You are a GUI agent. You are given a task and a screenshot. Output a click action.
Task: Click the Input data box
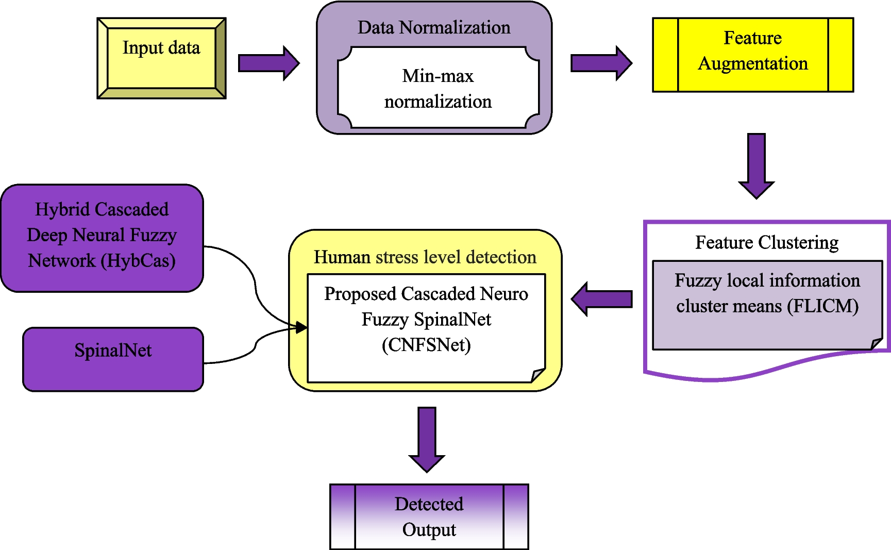161,58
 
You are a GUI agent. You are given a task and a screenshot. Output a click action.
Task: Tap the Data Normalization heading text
434,28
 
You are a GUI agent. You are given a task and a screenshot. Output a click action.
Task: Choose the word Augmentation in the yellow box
753,64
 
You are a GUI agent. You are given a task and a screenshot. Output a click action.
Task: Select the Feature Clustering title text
766,242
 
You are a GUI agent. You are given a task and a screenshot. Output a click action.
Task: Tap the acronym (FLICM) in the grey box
822,306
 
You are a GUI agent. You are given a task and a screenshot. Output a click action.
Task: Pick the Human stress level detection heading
425,257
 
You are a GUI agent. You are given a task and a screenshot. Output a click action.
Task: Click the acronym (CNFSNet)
426,345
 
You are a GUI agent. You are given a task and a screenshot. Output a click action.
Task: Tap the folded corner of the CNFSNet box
539,375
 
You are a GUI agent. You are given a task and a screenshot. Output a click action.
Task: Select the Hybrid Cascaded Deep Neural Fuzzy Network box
102,238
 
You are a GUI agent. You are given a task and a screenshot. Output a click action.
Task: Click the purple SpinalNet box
113,359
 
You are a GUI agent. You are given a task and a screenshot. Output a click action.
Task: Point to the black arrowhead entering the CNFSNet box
301,327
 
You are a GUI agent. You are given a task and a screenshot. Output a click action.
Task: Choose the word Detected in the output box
429,504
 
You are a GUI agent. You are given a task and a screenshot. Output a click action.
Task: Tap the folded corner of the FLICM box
877,344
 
